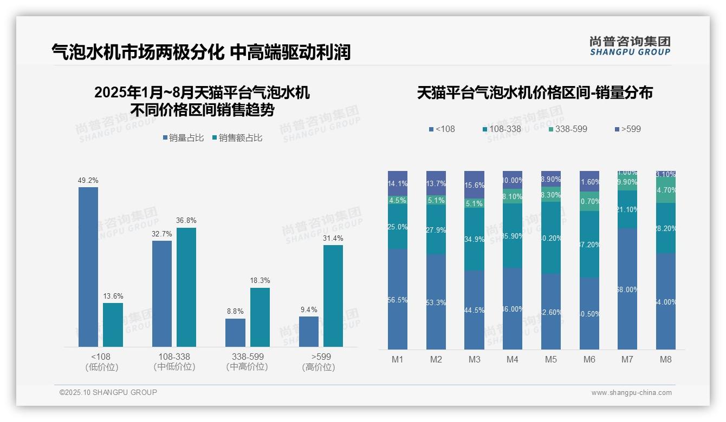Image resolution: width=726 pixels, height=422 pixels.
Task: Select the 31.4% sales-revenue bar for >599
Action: tap(333, 296)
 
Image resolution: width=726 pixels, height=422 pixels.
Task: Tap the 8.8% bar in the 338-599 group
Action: tap(235, 333)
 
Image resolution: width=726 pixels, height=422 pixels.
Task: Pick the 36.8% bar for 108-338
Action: tap(186, 287)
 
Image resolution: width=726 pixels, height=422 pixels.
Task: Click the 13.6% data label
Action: tap(113, 296)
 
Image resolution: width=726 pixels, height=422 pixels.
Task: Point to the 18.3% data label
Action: tap(260, 281)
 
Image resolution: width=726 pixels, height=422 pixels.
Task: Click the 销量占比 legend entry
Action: tap(183, 138)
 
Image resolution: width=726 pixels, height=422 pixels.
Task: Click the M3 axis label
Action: tap(474, 359)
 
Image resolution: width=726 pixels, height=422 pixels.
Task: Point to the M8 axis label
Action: tap(666, 359)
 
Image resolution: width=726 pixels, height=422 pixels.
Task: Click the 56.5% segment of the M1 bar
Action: tap(398, 299)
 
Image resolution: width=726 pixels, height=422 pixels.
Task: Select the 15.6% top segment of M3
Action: tap(474, 184)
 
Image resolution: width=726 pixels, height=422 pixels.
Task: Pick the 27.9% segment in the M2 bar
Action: tap(436, 229)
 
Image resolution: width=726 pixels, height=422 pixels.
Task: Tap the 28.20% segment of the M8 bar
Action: tap(666, 228)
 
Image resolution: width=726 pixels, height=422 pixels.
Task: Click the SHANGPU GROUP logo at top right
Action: tap(630, 46)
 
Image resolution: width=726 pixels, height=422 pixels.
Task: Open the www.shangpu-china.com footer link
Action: tap(631, 393)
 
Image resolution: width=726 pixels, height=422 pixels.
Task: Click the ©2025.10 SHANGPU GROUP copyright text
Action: tap(108, 392)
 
